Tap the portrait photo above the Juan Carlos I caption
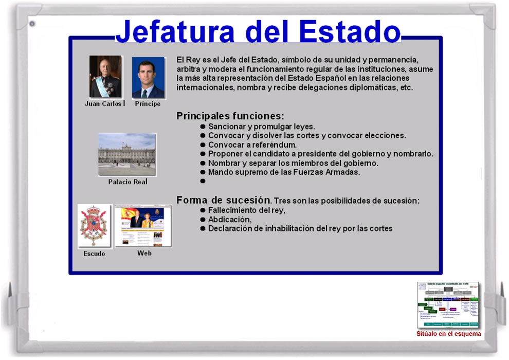[x=105, y=77]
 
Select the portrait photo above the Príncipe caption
[x=148, y=77]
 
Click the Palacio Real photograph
[x=126, y=155]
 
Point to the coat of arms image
[x=94, y=226]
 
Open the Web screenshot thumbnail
[x=143, y=226]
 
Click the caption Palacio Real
[x=128, y=182]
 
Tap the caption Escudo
[x=94, y=254]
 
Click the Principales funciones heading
[x=230, y=116]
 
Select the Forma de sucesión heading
[x=223, y=200]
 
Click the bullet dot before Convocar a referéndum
[x=203, y=145]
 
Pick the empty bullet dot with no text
[x=203, y=182]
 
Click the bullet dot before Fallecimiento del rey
[x=203, y=210]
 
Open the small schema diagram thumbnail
[x=448, y=305]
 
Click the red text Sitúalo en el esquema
[x=448, y=334]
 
